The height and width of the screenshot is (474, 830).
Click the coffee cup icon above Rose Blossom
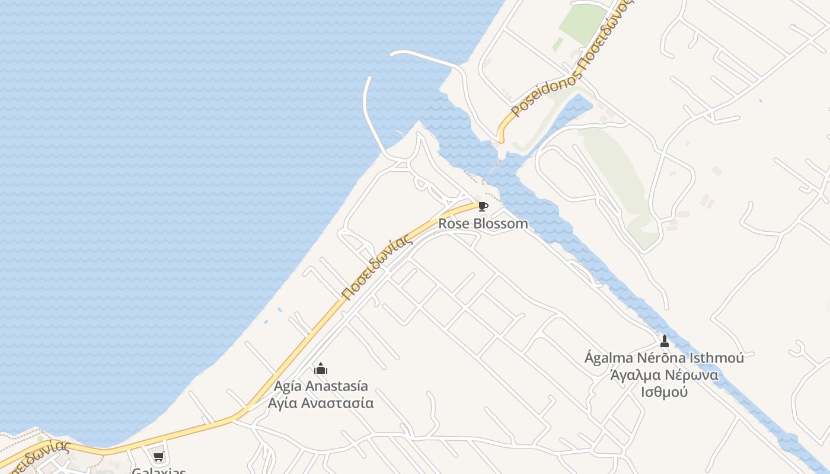coord(483,206)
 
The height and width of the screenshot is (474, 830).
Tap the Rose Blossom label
coord(483,224)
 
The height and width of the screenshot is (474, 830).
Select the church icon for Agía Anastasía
coord(321,369)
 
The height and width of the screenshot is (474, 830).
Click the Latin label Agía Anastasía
coord(321,386)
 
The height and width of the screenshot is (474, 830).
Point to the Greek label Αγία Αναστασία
coord(321,403)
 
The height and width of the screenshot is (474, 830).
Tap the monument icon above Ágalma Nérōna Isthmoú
coord(665,341)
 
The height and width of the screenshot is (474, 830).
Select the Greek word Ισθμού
coord(664,392)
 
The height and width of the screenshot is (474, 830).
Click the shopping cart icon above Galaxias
coord(158,457)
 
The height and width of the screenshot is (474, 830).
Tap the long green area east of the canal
coord(617,178)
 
